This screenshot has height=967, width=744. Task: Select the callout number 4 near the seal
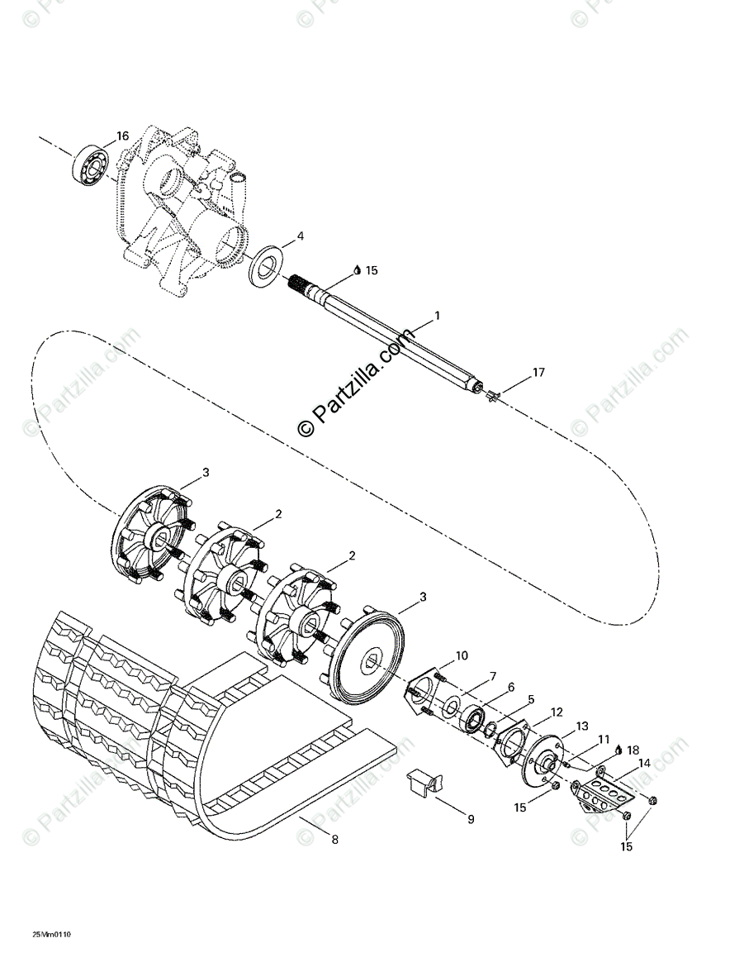(301, 236)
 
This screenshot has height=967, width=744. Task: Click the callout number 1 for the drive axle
(437, 316)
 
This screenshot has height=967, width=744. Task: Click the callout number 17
(538, 373)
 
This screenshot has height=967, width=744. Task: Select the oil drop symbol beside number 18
(619, 749)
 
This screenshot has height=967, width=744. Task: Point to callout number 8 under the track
(334, 840)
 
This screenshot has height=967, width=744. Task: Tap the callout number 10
(461, 655)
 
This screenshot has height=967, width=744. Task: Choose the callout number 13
(583, 726)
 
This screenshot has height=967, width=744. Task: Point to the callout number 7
(492, 677)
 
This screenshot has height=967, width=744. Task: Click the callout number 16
(122, 136)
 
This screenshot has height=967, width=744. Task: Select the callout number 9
(470, 820)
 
